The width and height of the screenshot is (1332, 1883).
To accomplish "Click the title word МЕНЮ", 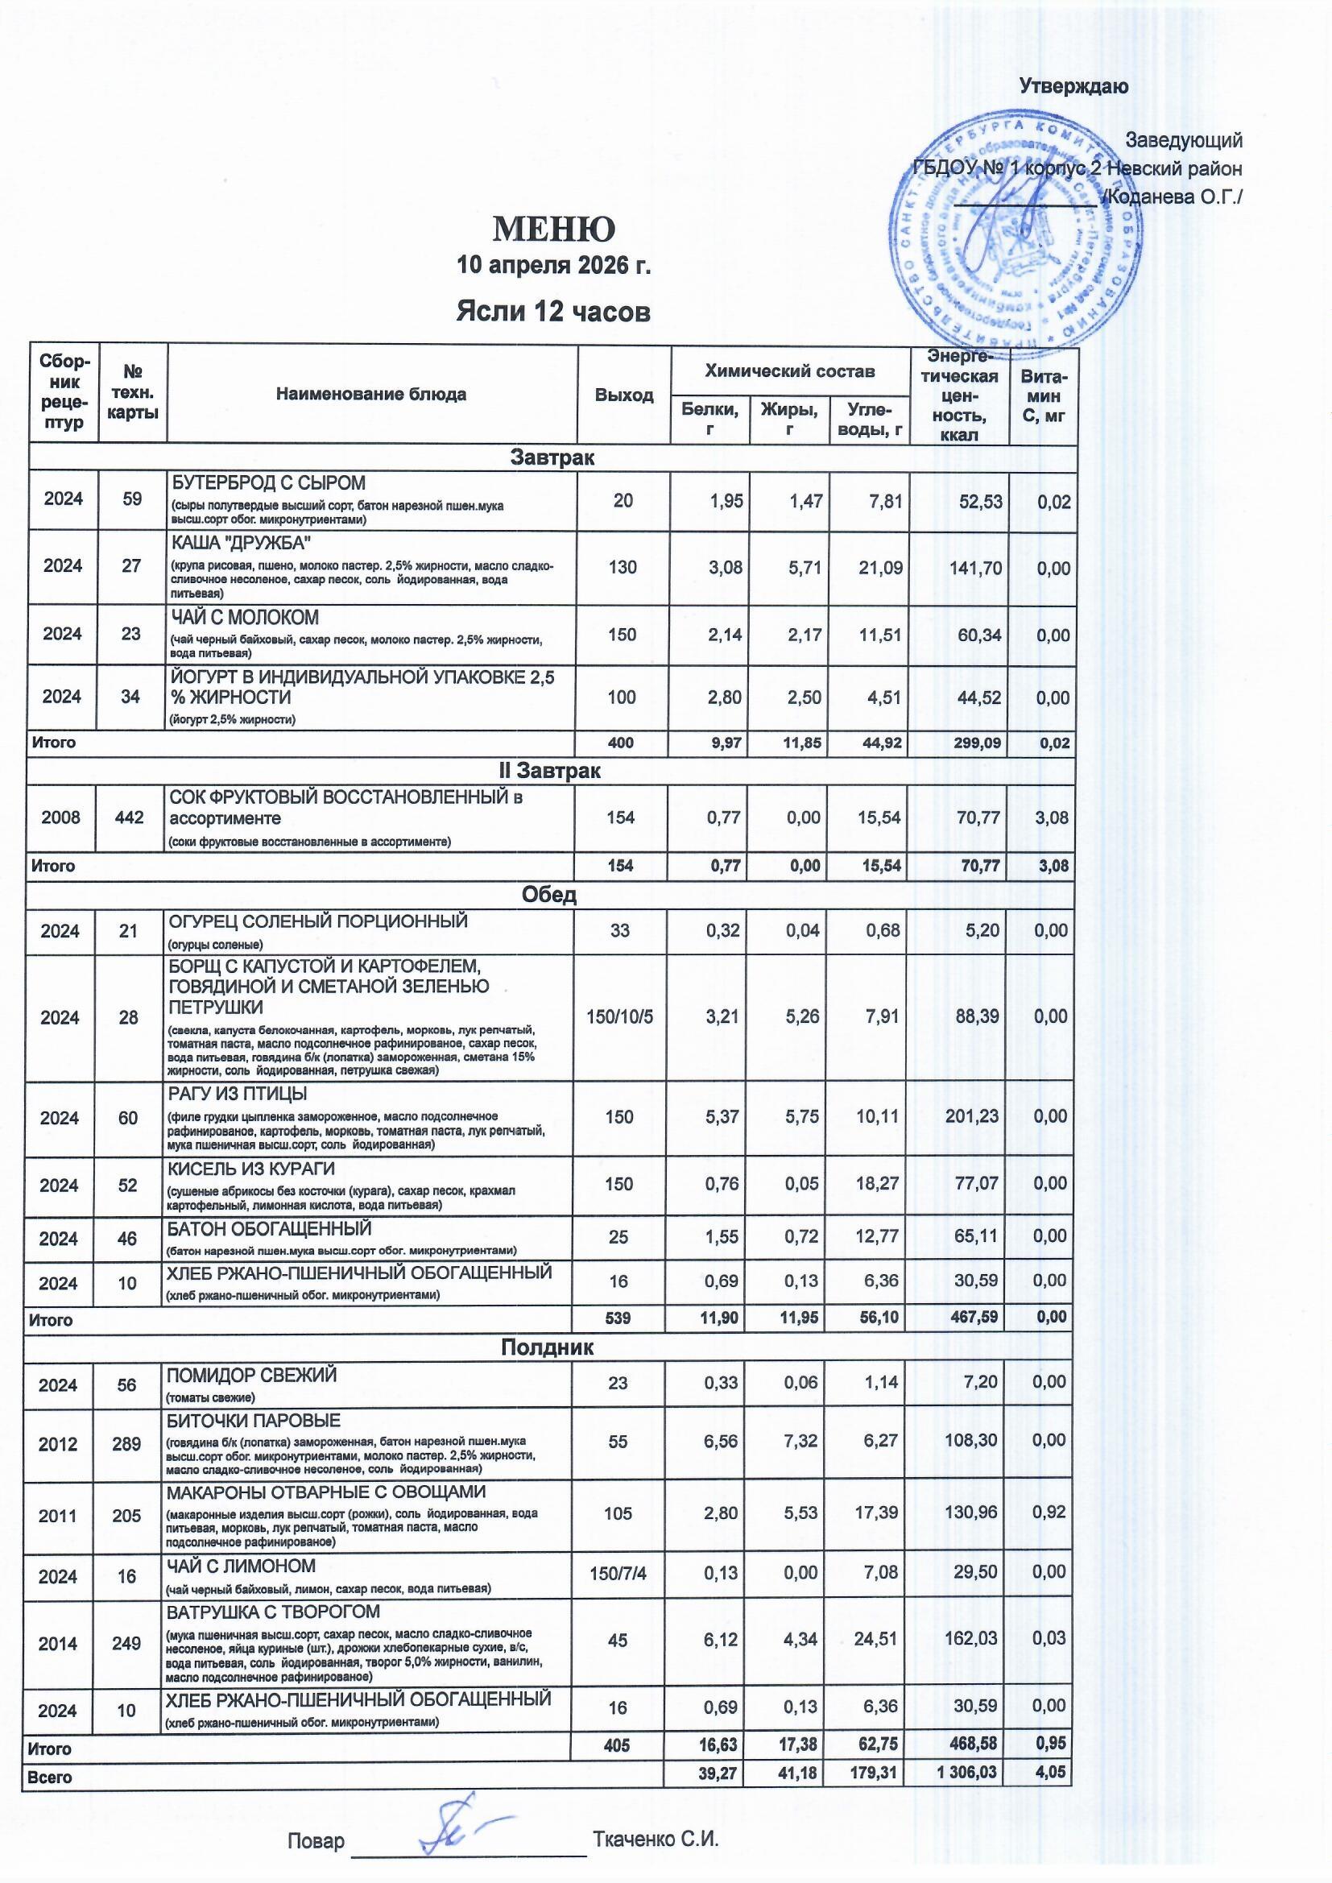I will coord(553,230).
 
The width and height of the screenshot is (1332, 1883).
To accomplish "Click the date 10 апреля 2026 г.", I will coord(553,266).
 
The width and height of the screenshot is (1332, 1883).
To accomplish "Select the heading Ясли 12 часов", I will coord(553,312).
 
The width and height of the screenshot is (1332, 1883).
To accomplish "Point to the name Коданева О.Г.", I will coord(1174,197).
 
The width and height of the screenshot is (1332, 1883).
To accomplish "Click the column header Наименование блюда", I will coord(370,395).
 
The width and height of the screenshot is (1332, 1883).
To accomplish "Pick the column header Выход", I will coord(624,395).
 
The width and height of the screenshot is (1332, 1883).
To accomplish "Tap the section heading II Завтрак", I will coord(550,771).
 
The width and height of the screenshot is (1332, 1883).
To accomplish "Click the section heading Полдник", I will coord(547,1347).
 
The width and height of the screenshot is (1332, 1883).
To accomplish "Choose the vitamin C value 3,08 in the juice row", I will coord(1053,817).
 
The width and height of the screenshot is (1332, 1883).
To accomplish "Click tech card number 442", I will coord(129,817).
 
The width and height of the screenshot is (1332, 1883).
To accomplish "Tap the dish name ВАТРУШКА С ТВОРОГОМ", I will coord(274,1612).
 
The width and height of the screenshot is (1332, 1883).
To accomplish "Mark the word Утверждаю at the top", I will coord(1073,86).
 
